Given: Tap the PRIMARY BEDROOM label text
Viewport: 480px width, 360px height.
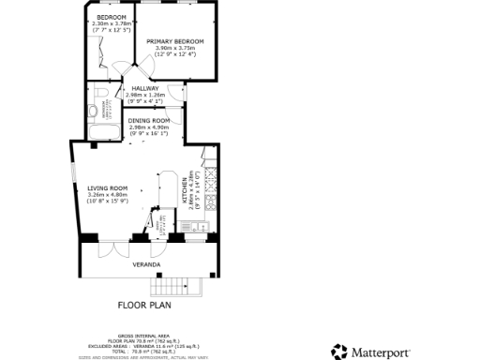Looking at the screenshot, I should [175, 41].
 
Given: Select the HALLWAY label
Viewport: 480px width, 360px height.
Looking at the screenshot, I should [144, 88].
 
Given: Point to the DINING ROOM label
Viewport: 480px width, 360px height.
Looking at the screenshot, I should [149, 120].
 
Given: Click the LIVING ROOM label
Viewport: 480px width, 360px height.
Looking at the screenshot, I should [107, 187].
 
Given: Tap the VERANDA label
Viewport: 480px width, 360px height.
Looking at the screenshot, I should [145, 265].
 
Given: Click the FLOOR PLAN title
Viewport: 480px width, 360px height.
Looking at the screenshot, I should [145, 306].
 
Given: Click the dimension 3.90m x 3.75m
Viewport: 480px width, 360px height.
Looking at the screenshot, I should [175, 48].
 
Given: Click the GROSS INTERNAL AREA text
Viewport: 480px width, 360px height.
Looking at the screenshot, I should [145, 333].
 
